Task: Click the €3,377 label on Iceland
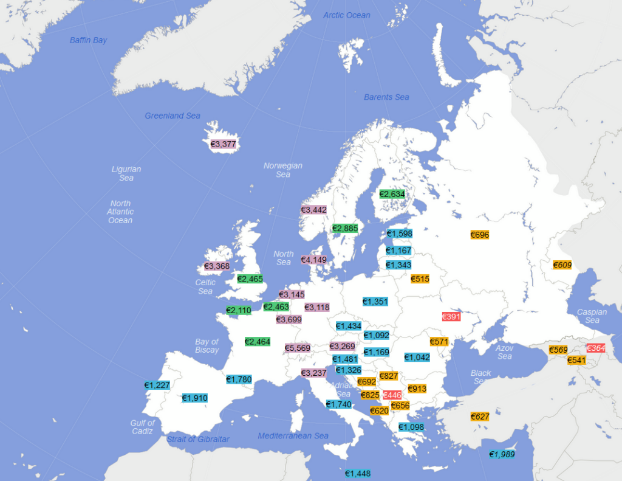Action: click(x=223, y=144)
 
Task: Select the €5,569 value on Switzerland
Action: click(x=298, y=348)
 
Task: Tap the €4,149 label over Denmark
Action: click(x=315, y=260)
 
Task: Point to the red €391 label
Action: click(x=451, y=317)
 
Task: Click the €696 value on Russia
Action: click(x=479, y=235)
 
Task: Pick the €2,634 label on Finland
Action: click(x=392, y=194)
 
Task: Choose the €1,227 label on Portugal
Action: click(x=157, y=385)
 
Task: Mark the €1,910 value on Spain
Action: click(x=195, y=398)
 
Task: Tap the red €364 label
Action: click(x=596, y=348)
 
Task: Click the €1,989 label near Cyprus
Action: click(x=502, y=454)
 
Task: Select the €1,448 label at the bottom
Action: click(x=358, y=473)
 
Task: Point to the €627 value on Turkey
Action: click(x=480, y=417)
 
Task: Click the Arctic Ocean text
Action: click(x=346, y=15)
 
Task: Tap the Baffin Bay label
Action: click(x=88, y=40)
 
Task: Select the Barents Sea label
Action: click(x=386, y=97)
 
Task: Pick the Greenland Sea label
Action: click(x=173, y=116)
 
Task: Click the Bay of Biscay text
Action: click(x=207, y=346)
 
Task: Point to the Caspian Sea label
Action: click(x=592, y=316)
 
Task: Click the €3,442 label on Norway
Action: click(x=314, y=210)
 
